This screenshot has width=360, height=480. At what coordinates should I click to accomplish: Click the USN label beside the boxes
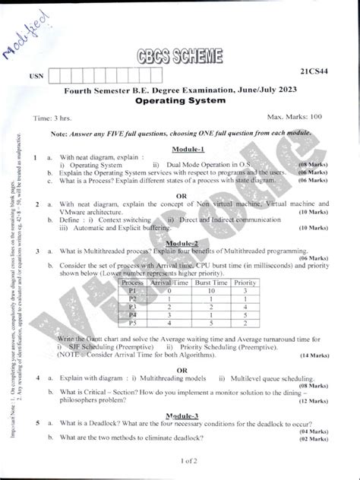pyautogui.click(x=36, y=77)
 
